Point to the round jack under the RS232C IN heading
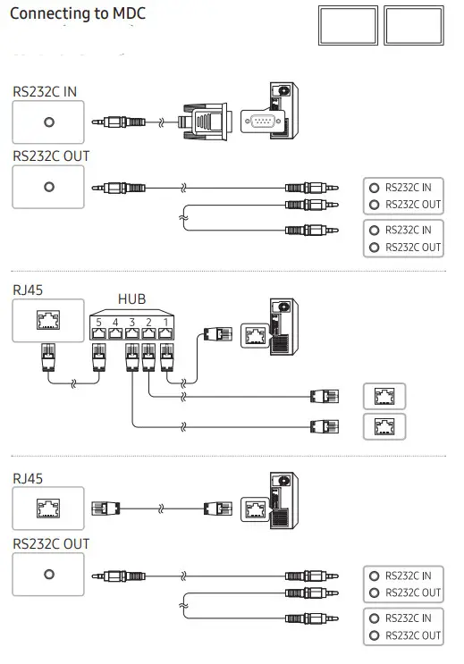click(48, 122)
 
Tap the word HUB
click(131, 299)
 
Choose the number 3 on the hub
click(132, 320)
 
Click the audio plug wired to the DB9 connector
click(123, 121)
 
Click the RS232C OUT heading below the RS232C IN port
click(51, 155)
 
